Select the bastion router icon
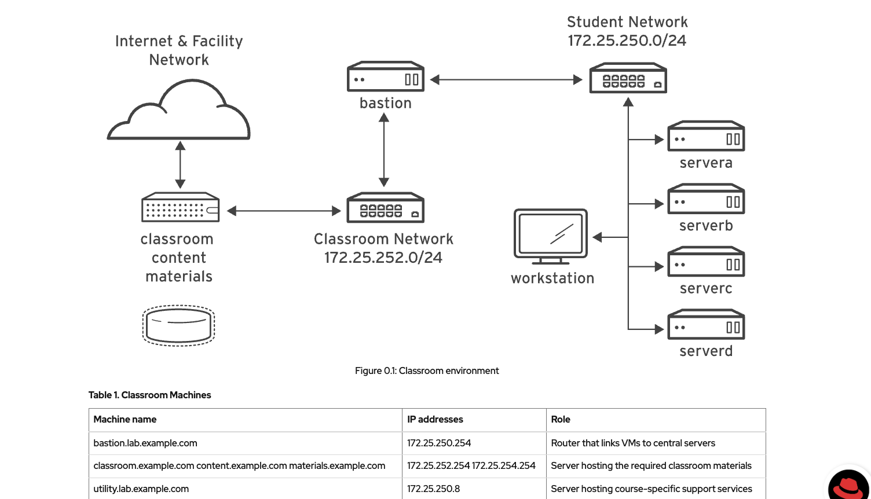pos(386,77)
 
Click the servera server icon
pos(706,137)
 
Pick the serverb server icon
pos(706,200)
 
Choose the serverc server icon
pos(706,263)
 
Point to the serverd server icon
pos(706,325)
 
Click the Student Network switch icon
pos(628,79)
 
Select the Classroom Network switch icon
pos(385,208)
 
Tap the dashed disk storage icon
pos(179,325)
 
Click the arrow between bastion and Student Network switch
pos(506,80)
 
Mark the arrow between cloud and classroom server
pos(180,165)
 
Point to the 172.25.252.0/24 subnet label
pos(383,258)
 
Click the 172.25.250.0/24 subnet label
pos(627,41)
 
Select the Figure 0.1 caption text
pos(427,371)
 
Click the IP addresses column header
pos(435,420)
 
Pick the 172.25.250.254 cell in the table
pos(439,443)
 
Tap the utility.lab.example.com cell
pos(141,489)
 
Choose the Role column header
pos(561,420)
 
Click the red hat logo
pos(848,485)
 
